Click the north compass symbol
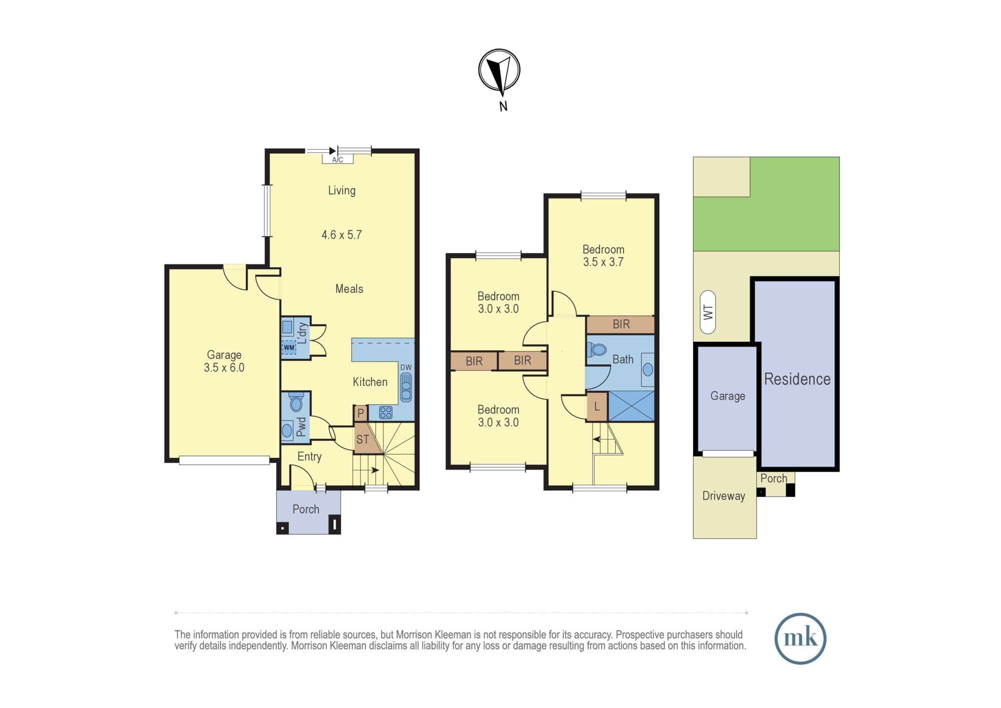499,71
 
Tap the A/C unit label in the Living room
338,160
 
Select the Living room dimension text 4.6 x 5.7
341,235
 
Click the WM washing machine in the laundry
289,347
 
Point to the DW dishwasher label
406,368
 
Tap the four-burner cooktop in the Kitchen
385,413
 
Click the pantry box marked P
360,414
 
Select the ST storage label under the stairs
363,440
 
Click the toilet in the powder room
296,402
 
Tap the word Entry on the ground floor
309,457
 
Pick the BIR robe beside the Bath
621,324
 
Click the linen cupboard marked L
597,407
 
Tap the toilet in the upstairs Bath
597,349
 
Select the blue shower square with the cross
632,406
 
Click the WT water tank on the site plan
708,312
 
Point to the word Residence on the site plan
797,379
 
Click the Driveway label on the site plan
724,496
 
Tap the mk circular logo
800,638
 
